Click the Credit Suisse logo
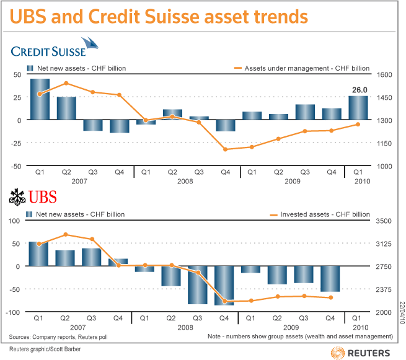[x=55, y=48]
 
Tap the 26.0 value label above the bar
[x=359, y=90]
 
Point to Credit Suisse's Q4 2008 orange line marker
[x=225, y=149]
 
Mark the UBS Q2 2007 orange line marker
[x=65, y=235]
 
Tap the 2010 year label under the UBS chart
[x=358, y=326]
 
